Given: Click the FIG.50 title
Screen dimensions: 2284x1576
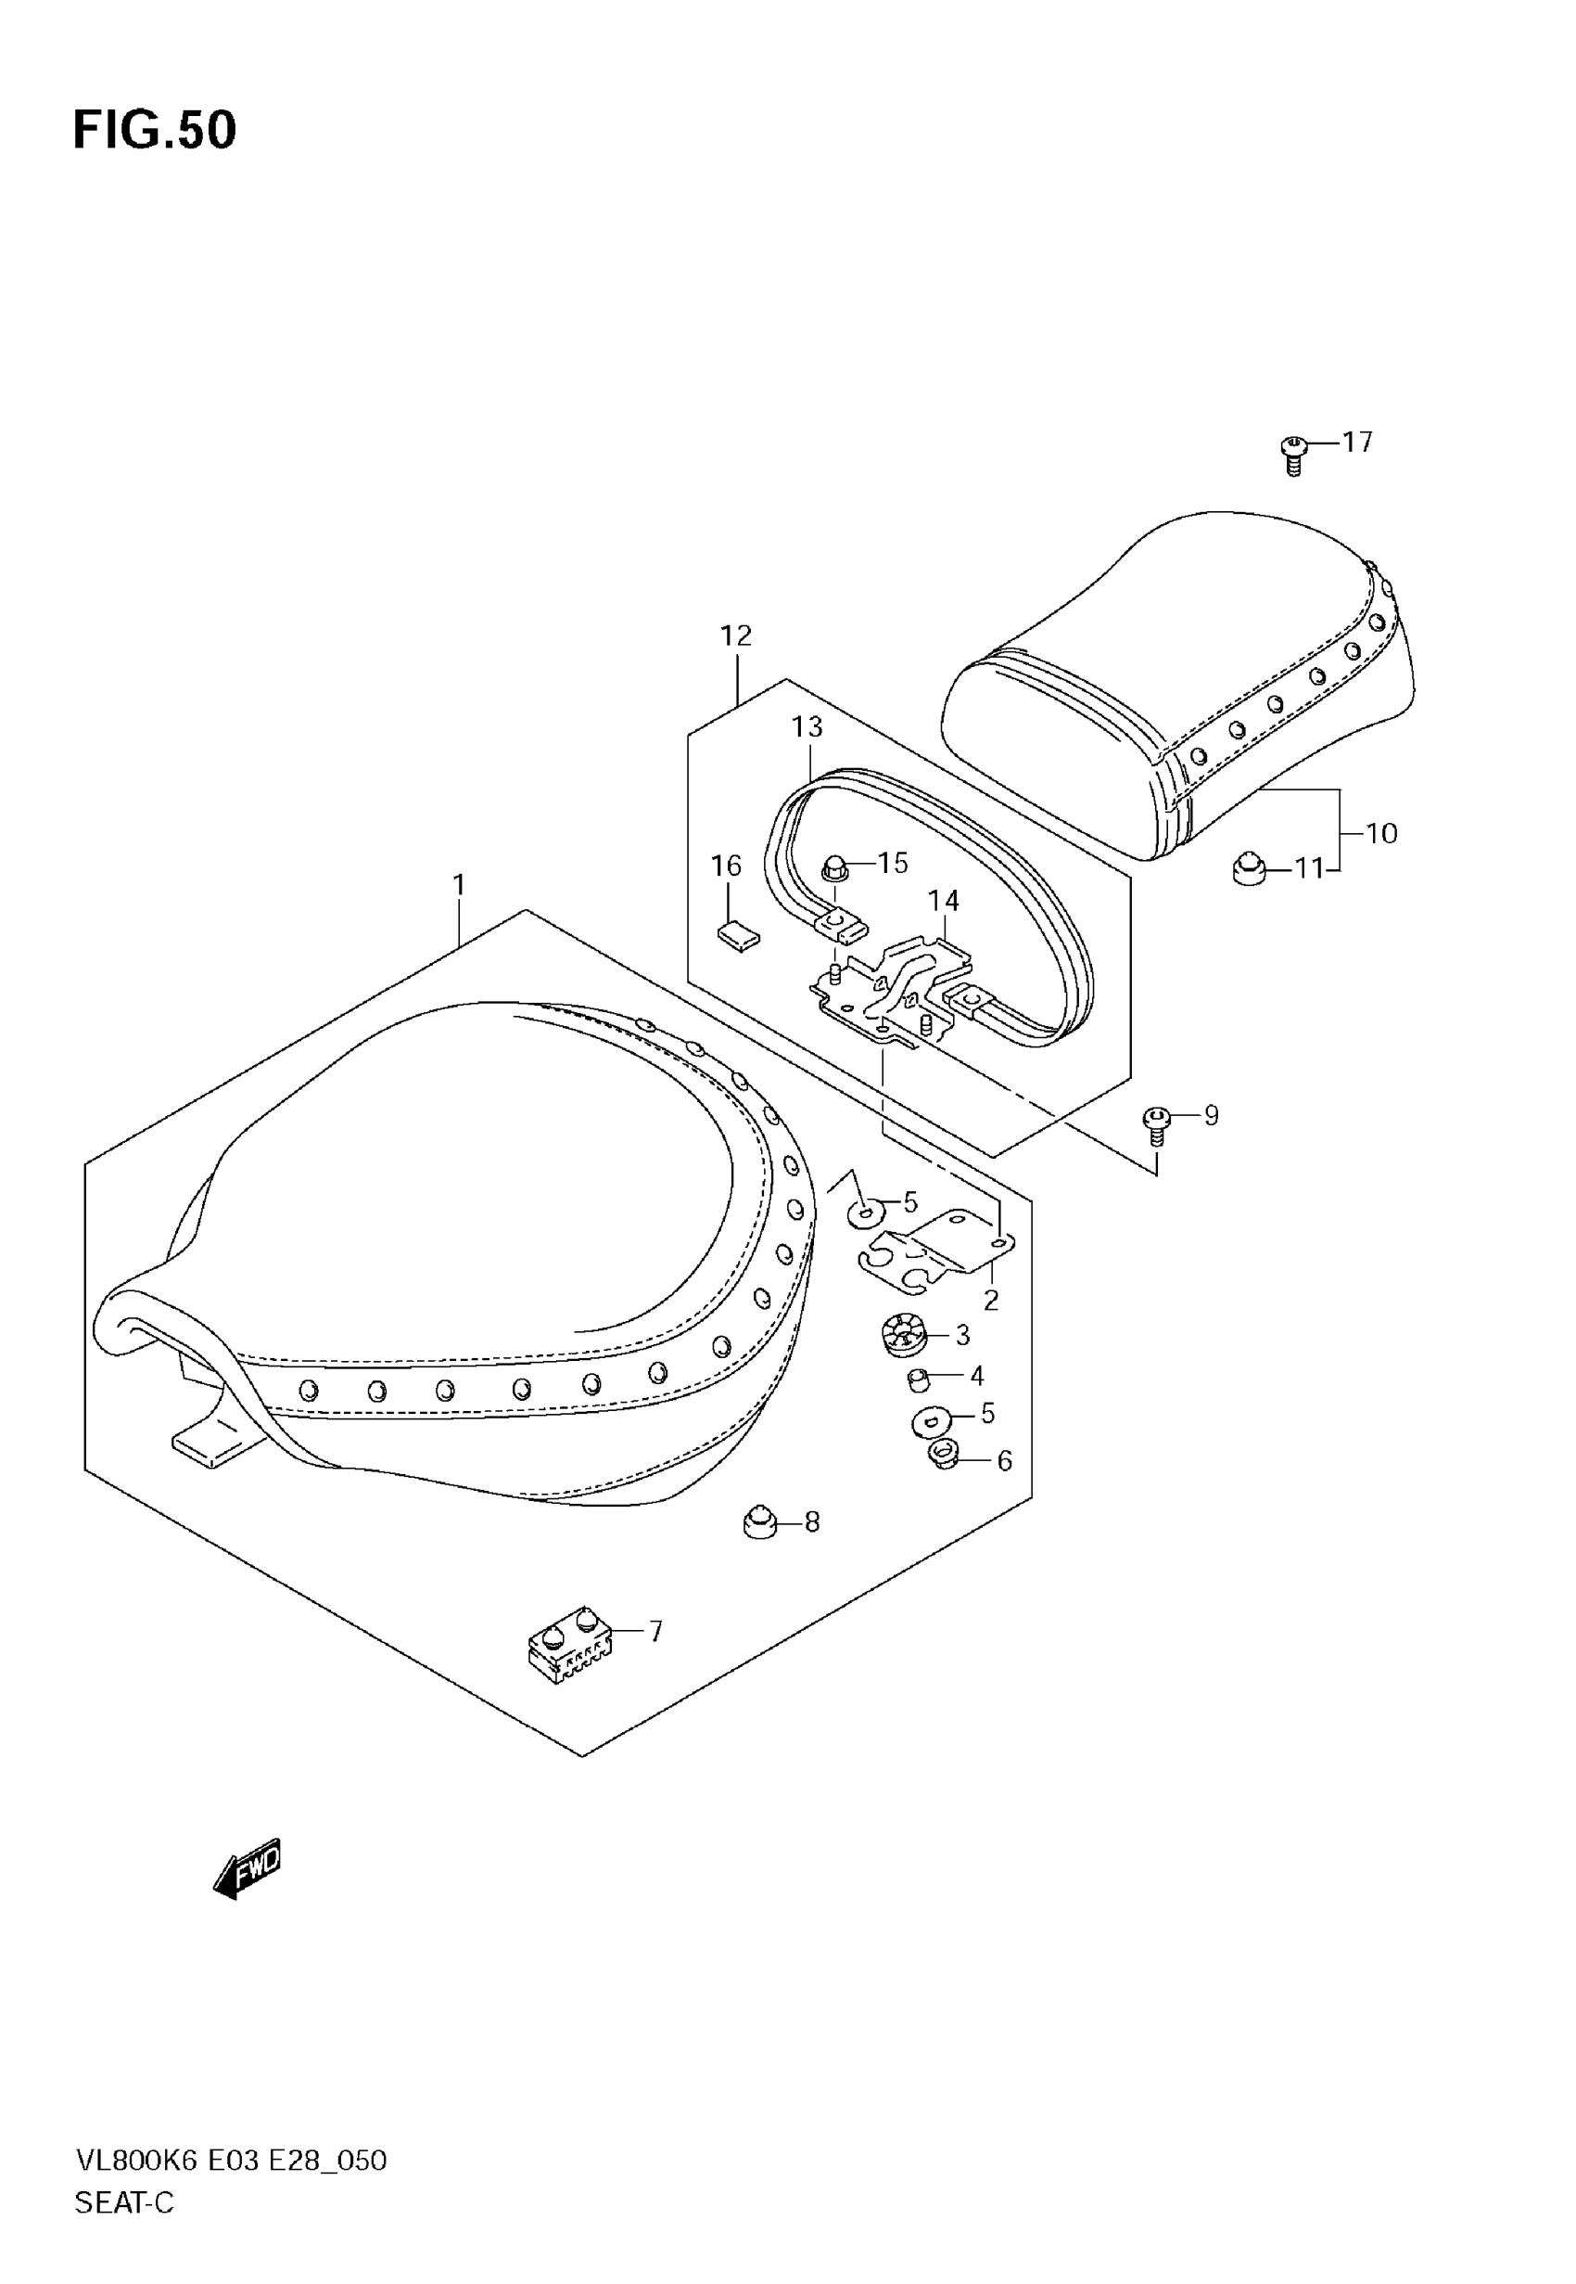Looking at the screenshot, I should pyautogui.click(x=155, y=131).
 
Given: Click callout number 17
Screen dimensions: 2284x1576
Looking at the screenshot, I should pyautogui.click(x=1358, y=442).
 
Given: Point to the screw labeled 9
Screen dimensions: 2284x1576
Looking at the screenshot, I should pyautogui.click(x=1155, y=1124).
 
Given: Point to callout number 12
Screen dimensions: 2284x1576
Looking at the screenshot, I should pyautogui.click(x=736, y=635).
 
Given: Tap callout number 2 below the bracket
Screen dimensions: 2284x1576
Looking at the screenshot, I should pyautogui.click(x=990, y=1300).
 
